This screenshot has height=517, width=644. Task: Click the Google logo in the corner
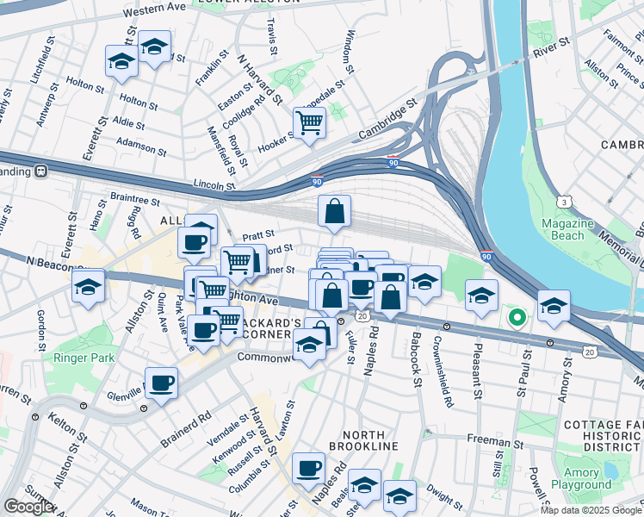[x=28, y=507]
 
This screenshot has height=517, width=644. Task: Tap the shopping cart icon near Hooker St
[x=309, y=122]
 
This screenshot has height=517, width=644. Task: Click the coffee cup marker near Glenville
[x=161, y=382]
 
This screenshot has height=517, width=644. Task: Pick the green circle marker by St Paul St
[x=517, y=317]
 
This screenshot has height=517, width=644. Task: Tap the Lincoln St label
[x=214, y=184]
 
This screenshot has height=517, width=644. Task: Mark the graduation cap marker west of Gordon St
[x=88, y=285]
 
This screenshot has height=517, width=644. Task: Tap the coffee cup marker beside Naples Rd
[x=308, y=469]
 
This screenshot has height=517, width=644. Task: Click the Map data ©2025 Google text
[x=590, y=510]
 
